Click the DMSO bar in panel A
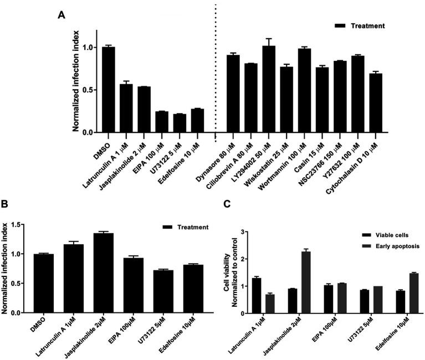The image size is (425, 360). tap(108, 90)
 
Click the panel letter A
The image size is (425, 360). tap(62, 14)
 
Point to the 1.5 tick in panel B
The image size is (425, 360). tap(23, 225)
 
